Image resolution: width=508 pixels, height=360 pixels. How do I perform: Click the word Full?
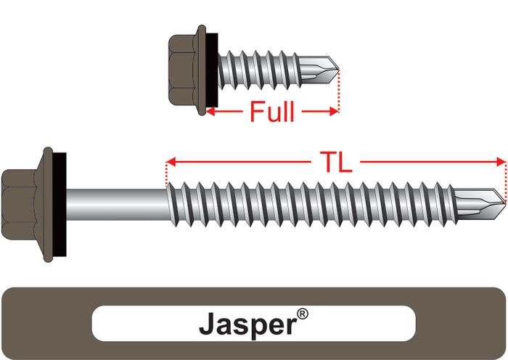coord(272,112)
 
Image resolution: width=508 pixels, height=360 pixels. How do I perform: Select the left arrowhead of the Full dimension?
coord(210,112)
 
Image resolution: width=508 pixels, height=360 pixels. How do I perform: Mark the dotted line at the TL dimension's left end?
coord(167,174)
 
